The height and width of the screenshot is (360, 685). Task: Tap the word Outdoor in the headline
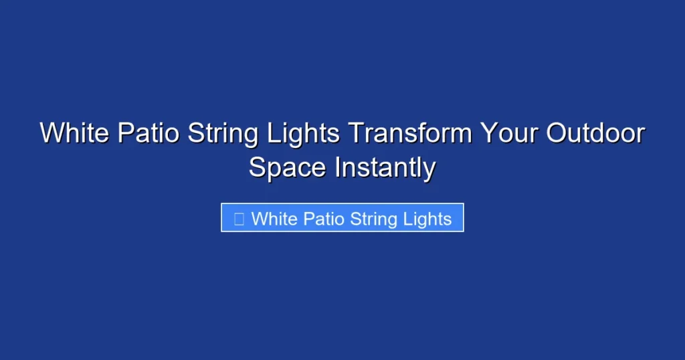pyautogui.click(x=595, y=134)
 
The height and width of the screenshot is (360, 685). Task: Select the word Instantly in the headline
pyautogui.click(x=385, y=167)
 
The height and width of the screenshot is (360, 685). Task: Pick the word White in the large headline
pyautogui.click(x=74, y=134)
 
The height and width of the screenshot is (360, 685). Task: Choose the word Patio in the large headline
pyautogui.click(x=149, y=134)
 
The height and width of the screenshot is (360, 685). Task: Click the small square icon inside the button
pyautogui.click(x=238, y=219)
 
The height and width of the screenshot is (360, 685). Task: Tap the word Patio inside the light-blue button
pyautogui.click(x=326, y=219)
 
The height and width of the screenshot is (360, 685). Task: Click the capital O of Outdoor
pyautogui.click(x=557, y=134)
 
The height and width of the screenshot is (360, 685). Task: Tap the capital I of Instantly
pyautogui.click(x=338, y=167)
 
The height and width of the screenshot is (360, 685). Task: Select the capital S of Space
pyautogui.click(x=258, y=167)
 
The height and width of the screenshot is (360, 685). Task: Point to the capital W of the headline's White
pyautogui.click(x=52, y=134)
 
